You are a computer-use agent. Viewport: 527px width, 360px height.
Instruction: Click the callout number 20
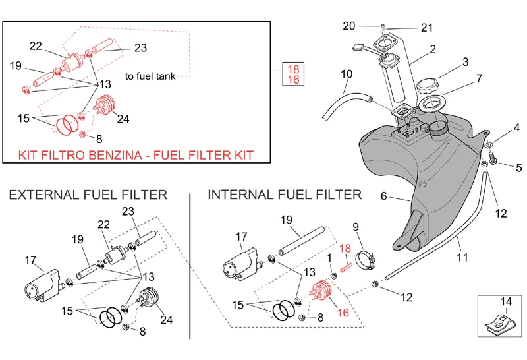click(x=349, y=26)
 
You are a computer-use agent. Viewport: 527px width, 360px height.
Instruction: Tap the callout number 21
click(x=427, y=28)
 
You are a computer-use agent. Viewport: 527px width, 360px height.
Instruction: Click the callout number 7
click(x=479, y=78)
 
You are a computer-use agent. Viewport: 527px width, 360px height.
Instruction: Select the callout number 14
click(x=505, y=302)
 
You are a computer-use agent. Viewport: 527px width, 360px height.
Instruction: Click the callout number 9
click(x=356, y=227)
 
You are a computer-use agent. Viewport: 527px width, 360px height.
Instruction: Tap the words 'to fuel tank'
click(x=150, y=76)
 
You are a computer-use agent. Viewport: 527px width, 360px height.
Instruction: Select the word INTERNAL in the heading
click(x=240, y=195)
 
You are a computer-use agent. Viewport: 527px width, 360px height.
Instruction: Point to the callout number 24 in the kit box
click(x=122, y=119)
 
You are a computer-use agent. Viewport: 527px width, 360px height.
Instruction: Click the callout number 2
click(x=433, y=49)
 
